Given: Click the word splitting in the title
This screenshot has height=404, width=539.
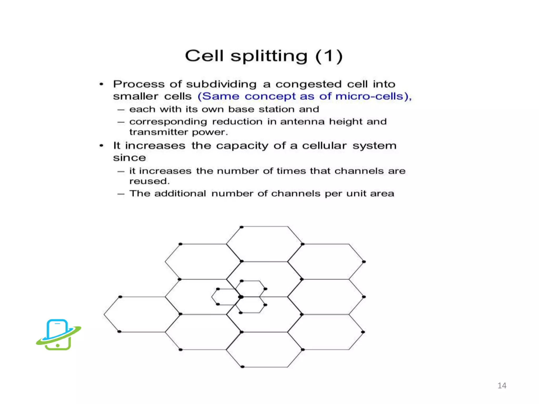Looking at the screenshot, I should tap(269, 56).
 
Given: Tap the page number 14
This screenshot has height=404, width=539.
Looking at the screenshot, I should tap(502, 386).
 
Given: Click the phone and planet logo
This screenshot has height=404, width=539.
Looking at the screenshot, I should tap(58, 335).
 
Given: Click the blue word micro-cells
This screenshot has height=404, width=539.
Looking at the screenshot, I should tap(370, 96).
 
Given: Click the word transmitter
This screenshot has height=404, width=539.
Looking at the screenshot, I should tap(158, 132).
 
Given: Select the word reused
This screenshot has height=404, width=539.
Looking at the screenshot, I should tap(149, 181).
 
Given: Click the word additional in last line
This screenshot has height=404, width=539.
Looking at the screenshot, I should tap(180, 194).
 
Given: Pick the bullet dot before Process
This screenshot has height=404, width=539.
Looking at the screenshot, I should tap(101, 84).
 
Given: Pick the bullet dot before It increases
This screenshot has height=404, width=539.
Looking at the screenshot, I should tap(101, 146).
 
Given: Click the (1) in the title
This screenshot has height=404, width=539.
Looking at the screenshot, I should tap(329, 56).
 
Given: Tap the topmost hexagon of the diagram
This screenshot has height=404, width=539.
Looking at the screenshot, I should tap(264, 244).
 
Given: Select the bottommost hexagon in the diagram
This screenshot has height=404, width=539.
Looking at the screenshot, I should tap(264, 349).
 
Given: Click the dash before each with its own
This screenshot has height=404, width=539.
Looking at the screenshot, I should tap(121, 110).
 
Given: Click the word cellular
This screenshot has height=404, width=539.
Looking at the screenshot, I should tap(324, 146).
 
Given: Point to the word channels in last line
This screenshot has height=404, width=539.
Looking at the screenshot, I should tap(296, 194).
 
